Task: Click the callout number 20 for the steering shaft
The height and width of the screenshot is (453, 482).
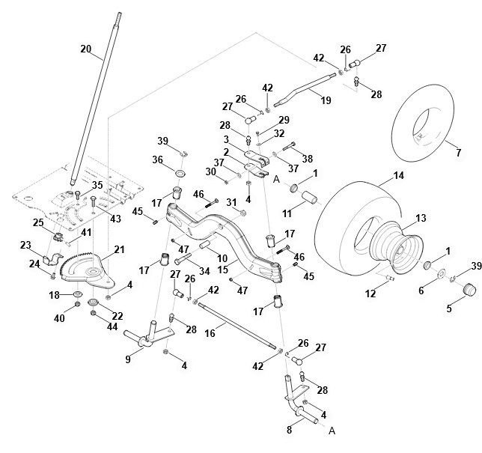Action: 85,49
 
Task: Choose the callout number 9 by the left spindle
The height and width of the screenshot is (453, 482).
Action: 127,359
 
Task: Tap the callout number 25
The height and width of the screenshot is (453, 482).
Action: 37,222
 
